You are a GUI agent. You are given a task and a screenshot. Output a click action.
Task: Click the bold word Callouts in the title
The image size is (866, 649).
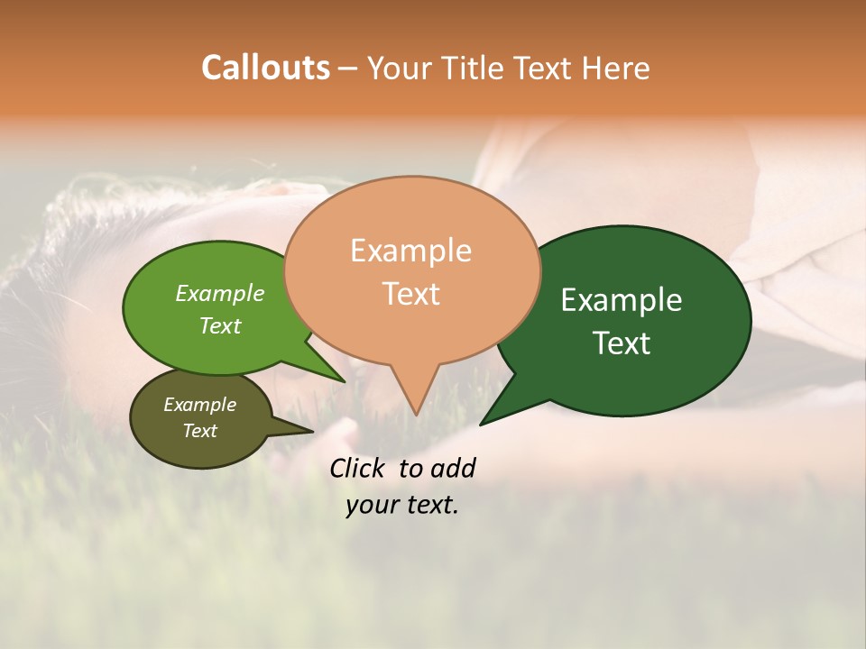click(265, 68)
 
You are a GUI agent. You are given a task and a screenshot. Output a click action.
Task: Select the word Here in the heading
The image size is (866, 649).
click(617, 68)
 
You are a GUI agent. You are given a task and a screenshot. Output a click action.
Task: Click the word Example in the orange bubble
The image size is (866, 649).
click(410, 251)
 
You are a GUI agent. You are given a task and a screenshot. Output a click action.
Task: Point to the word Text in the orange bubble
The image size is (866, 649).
click(410, 294)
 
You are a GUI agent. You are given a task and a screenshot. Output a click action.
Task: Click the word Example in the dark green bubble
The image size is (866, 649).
click(622, 300)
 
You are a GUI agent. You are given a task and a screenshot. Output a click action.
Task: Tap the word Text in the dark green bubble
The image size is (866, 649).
click(622, 343)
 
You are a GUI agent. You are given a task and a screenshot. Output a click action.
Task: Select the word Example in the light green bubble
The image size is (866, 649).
click(220, 294)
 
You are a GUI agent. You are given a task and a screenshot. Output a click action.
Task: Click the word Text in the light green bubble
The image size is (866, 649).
click(220, 325)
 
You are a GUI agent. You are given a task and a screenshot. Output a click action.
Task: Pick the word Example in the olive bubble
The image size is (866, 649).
click(199, 405)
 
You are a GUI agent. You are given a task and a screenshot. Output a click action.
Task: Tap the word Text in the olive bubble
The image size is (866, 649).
click(199, 431)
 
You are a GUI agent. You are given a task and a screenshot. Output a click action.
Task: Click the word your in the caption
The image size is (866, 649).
click(370, 505)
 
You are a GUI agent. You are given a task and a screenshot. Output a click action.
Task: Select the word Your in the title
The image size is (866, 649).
click(397, 68)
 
